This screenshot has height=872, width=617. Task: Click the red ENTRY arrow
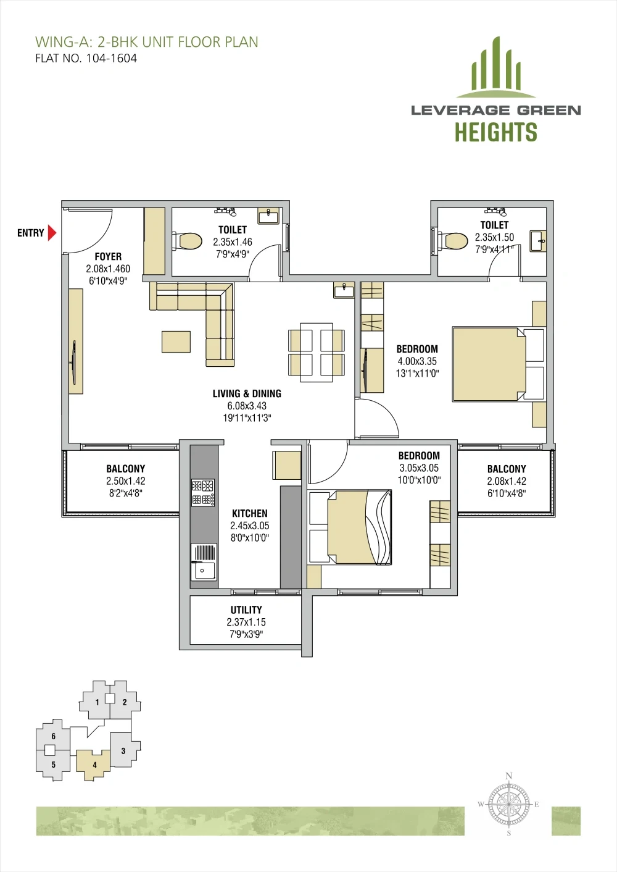point(52,233)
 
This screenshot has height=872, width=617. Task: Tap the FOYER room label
point(108,256)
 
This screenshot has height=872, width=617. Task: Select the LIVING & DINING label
point(247,393)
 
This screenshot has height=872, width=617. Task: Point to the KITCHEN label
point(250,513)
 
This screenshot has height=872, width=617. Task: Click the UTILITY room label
point(246,610)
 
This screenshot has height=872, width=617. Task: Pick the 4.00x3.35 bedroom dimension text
point(417,361)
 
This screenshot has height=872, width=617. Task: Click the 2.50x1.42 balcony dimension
point(126,480)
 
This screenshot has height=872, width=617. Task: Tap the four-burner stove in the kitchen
point(202,492)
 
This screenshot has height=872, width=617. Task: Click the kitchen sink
point(204,562)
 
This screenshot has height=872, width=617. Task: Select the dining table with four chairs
point(317,352)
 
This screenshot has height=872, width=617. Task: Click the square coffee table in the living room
point(176,342)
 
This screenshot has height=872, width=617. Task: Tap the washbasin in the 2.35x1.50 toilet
point(538,241)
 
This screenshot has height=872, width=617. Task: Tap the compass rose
point(508,804)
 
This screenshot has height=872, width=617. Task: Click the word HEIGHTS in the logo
point(496,132)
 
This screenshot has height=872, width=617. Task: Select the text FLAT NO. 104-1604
point(86,59)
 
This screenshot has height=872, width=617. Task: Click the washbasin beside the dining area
point(344,290)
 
